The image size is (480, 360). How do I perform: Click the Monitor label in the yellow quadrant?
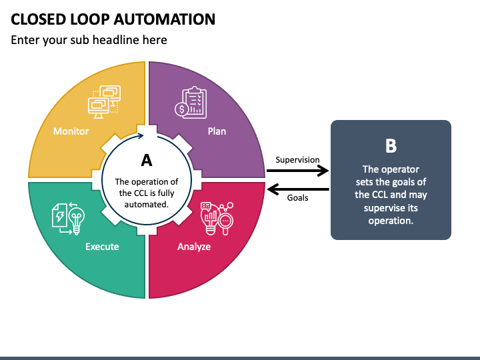click(71, 131)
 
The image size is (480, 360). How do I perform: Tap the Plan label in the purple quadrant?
click(217, 131)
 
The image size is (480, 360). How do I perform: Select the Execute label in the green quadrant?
click(102, 247)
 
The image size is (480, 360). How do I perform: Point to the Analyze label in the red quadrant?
click(194, 247)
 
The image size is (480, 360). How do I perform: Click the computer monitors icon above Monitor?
click(105, 101)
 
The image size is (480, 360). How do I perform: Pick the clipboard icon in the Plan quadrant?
click(194, 102)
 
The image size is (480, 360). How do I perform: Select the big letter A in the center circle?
click(147, 160)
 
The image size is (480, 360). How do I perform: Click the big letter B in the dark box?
click(391, 146)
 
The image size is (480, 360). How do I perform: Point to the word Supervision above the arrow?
click(297, 160)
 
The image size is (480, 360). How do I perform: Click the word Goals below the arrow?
click(297, 198)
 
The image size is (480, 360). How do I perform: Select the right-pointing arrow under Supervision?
click(297, 171)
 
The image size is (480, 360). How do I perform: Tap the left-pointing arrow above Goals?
click(298, 189)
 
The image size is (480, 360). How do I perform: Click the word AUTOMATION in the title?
click(165, 19)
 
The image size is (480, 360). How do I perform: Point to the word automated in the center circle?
click(146, 204)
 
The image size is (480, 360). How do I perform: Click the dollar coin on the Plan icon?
click(181, 109)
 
